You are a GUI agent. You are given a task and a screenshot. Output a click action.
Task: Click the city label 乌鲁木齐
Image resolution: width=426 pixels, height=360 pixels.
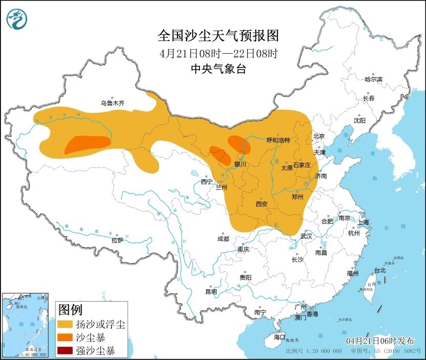112,103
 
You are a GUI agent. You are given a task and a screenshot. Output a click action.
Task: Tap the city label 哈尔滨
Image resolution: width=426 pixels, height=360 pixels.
373,79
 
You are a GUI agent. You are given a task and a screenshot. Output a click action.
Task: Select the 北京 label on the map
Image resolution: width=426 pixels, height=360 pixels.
319,136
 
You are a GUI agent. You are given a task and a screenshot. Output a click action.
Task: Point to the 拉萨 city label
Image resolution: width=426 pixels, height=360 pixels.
117,240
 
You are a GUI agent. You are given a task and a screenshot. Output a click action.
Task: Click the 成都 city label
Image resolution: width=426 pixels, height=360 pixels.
224,238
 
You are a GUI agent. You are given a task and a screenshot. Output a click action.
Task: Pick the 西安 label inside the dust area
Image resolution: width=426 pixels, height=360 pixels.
261,204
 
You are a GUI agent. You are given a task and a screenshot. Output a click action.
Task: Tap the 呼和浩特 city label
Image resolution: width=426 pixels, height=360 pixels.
278,140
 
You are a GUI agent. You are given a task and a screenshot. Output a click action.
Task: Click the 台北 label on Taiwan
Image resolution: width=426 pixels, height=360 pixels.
379,270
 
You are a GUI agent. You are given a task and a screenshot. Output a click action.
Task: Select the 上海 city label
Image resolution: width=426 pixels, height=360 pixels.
363,222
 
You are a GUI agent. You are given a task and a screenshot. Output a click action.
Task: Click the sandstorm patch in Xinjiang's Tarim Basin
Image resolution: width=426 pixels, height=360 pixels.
87,144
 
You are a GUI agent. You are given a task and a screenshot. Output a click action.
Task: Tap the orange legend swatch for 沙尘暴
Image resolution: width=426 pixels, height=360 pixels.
66,338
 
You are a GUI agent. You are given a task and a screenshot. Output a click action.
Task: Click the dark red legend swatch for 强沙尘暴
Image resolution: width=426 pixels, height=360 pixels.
66,351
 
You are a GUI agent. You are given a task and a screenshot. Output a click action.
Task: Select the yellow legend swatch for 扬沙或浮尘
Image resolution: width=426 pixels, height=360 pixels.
66,325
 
